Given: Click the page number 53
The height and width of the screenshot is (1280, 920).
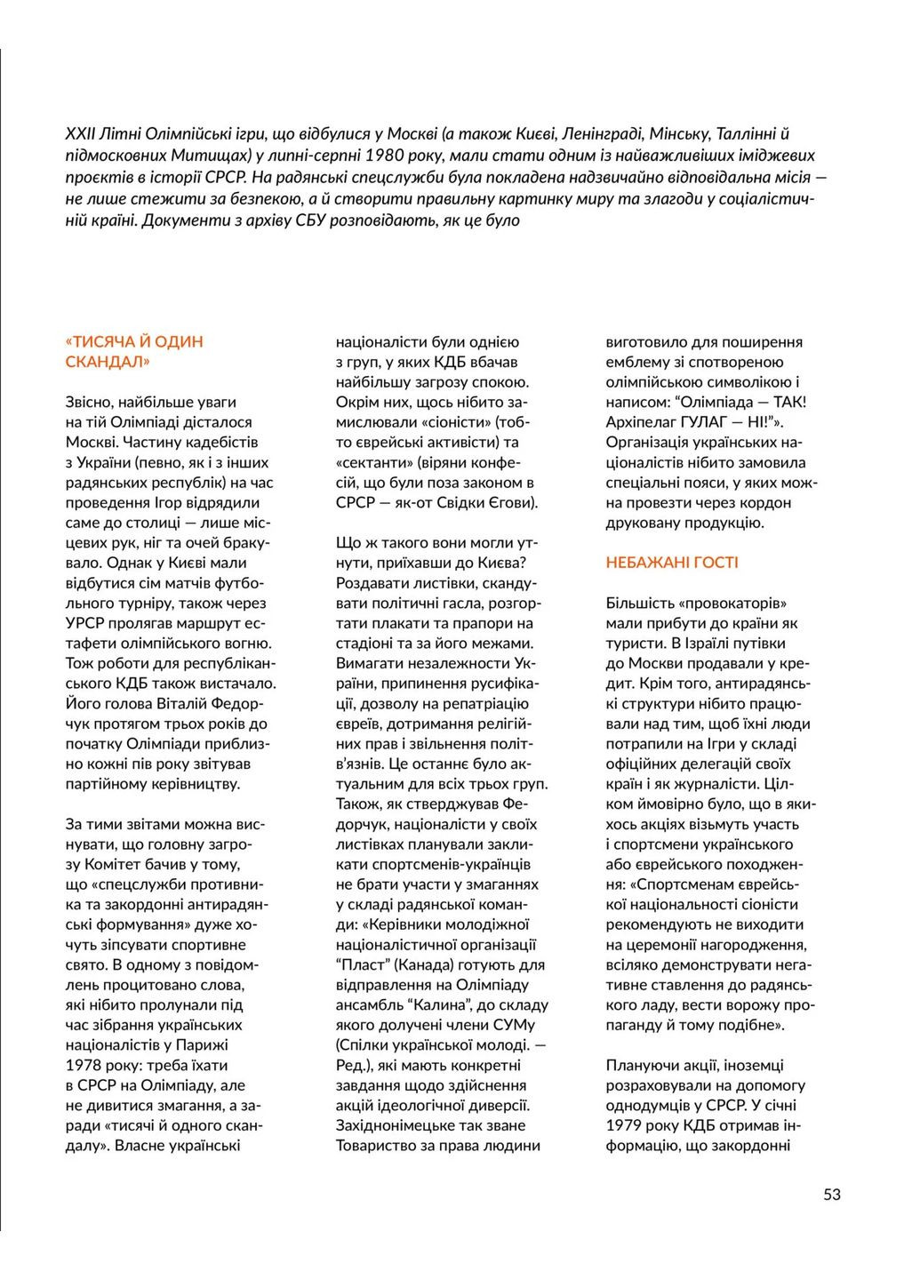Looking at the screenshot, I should (x=831, y=1194).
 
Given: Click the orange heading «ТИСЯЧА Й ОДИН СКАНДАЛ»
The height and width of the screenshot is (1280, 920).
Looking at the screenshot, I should (x=134, y=352).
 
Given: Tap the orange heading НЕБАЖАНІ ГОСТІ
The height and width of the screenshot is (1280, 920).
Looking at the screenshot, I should (x=672, y=563).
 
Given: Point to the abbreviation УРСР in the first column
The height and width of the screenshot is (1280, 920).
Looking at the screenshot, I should (x=87, y=623).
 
